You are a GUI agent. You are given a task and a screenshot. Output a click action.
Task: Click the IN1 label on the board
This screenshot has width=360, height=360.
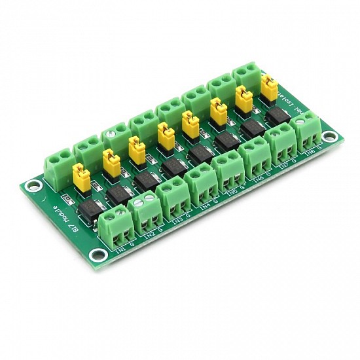(120, 249)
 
